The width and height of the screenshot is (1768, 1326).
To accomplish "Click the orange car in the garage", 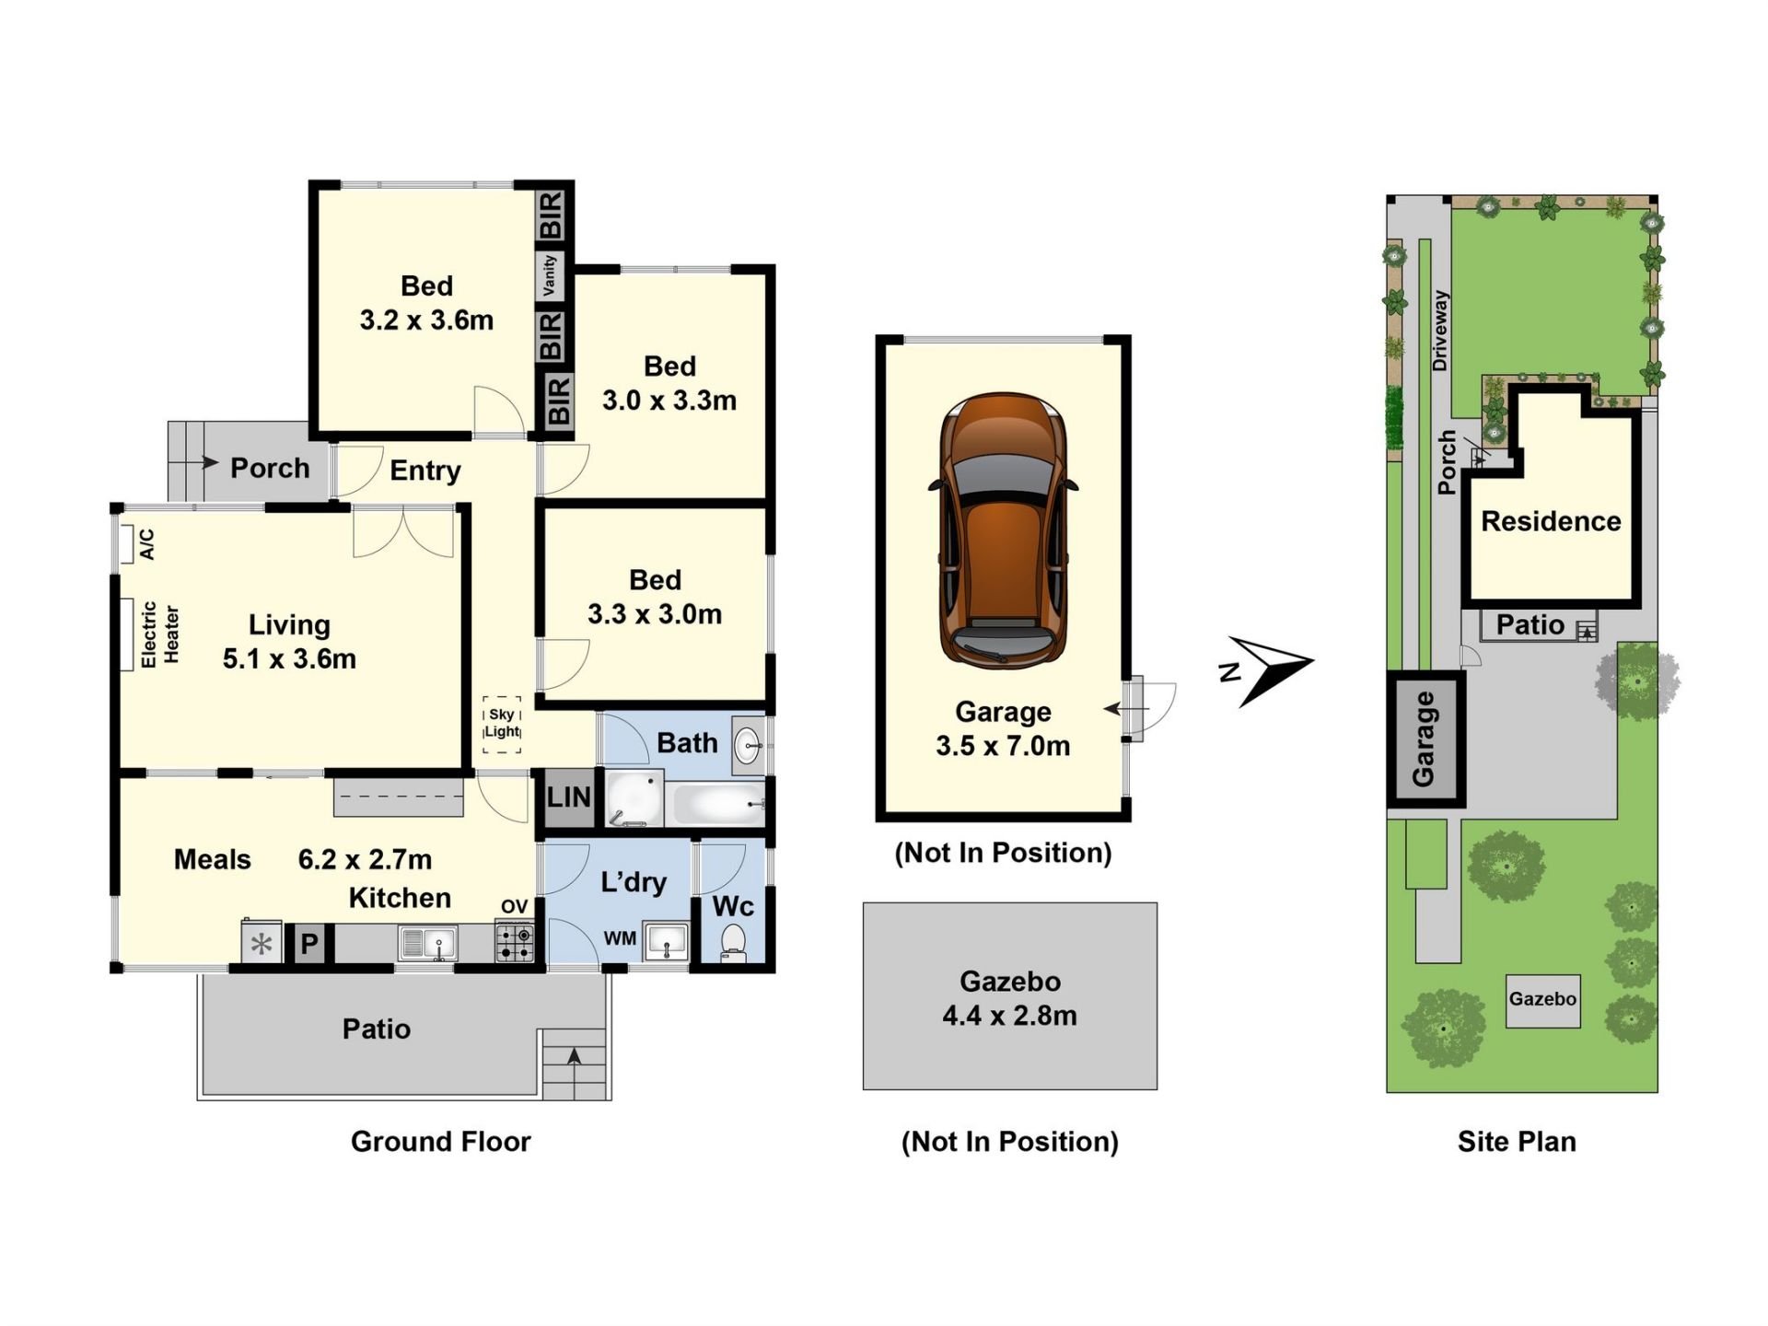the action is pos(1003,529).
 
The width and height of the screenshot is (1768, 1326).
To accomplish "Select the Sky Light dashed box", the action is pos(502,724).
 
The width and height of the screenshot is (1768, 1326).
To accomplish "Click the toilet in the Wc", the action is pos(733,942).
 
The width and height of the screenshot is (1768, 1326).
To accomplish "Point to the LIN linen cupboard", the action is pos(568,797).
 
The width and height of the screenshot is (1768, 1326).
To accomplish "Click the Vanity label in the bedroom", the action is pos(550,275).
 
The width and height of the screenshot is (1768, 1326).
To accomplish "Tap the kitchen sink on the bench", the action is pos(427,944).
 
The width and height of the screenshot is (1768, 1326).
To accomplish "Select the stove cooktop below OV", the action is pos(515,942).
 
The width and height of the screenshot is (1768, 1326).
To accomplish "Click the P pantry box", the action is pos(309,944).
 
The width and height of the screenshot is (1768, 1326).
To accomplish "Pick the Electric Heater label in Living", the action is pos(159,634).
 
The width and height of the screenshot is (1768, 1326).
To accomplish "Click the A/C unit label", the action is pos(146,544).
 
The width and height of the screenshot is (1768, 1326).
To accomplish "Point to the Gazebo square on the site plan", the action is pos(1542,1001).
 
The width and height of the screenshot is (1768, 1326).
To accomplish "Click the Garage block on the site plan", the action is pos(1425,739).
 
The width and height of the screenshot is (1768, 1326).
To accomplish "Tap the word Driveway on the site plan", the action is pos(1440,331).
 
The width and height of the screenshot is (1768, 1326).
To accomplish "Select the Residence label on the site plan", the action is pos(1551,521).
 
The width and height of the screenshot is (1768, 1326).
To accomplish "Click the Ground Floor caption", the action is pos(440,1141).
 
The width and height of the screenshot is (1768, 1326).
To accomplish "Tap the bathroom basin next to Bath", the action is pos(749,742).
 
